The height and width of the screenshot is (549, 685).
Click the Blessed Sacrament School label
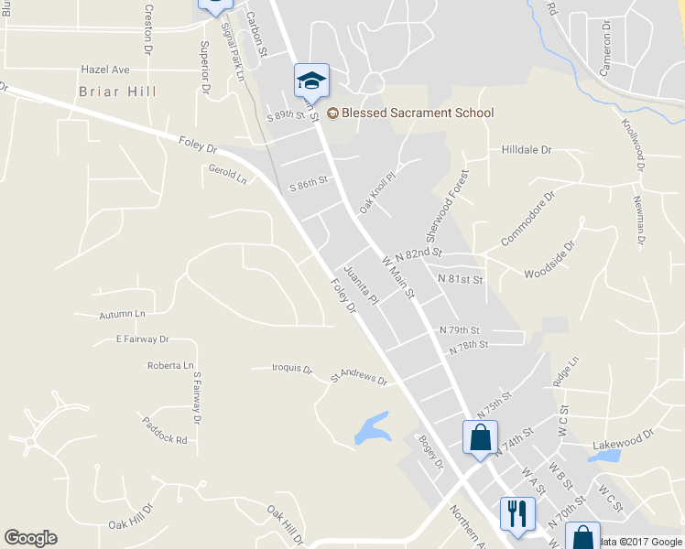[x=417, y=113]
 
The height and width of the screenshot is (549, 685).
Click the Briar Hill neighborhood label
[x=117, y=91]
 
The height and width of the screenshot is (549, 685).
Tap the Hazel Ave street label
[x=105, y=70]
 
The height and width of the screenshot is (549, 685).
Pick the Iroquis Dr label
[x=293, y=370]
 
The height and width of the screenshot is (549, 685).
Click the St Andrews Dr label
[x=359, y=376]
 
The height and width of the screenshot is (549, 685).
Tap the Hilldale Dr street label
[x=527, y=149]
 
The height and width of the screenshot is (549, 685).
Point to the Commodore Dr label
[x=528, y=219]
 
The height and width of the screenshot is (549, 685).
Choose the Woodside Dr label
[x=549, y=260]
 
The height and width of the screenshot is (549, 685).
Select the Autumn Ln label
[x=122, y=315]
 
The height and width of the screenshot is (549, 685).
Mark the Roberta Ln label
[x=170, y=366]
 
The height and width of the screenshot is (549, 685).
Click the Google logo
[x=31, y=538]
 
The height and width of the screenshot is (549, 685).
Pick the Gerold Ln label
[x=228, y=174]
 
